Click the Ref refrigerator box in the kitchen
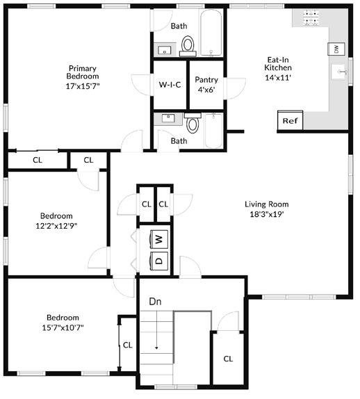click(x=290, y=120)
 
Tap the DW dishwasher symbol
click(x=336, y=49)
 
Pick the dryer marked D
click(x=159, y=262)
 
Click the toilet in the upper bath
click(x=188, y=45)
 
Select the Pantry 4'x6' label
click(x=206, y=84)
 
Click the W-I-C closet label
click(x=170, y=85)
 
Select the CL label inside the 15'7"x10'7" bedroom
click(x=127, y=344)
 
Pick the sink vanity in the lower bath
click(x=167, y=118)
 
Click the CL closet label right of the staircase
click(x=228, y=359)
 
